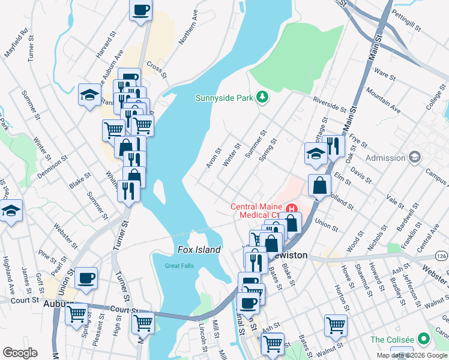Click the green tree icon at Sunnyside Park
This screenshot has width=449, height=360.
point(262,97)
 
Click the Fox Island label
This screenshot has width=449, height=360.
point(199,250)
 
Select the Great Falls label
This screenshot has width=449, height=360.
point(179,266)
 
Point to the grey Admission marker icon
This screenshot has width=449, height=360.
point(414,158)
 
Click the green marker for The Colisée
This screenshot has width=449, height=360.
point(426,339)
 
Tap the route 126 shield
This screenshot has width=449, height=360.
point(442,256)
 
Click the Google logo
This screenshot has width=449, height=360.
point(20,353)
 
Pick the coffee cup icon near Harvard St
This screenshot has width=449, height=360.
point(140,11)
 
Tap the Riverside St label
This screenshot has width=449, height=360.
point(329,104)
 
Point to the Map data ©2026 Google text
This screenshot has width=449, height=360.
point(411,355)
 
